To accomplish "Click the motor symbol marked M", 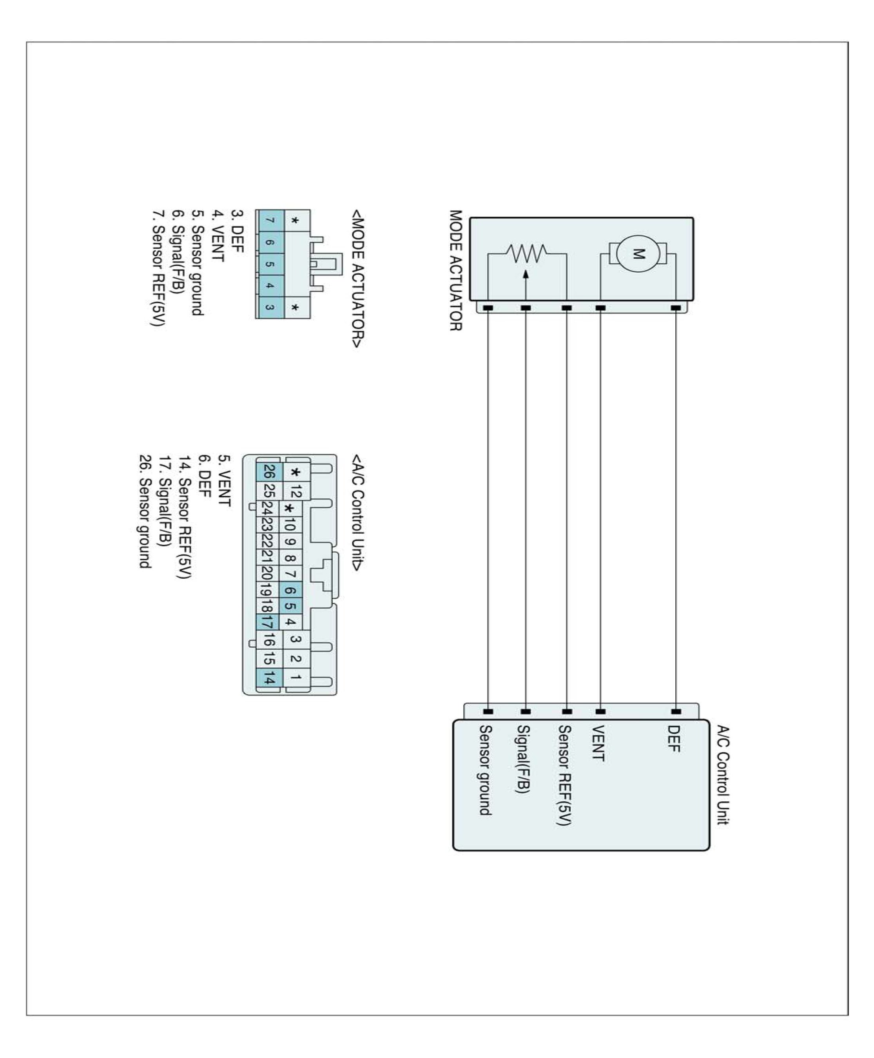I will [638, 253].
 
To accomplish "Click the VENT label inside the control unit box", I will [598, 743].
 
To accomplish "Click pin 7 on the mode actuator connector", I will [270, 221].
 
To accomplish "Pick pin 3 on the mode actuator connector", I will [270, 307].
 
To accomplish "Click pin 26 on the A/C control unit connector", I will [269, 472].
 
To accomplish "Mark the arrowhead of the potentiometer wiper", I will [526, 275].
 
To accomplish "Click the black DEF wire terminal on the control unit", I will [676, 712].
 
